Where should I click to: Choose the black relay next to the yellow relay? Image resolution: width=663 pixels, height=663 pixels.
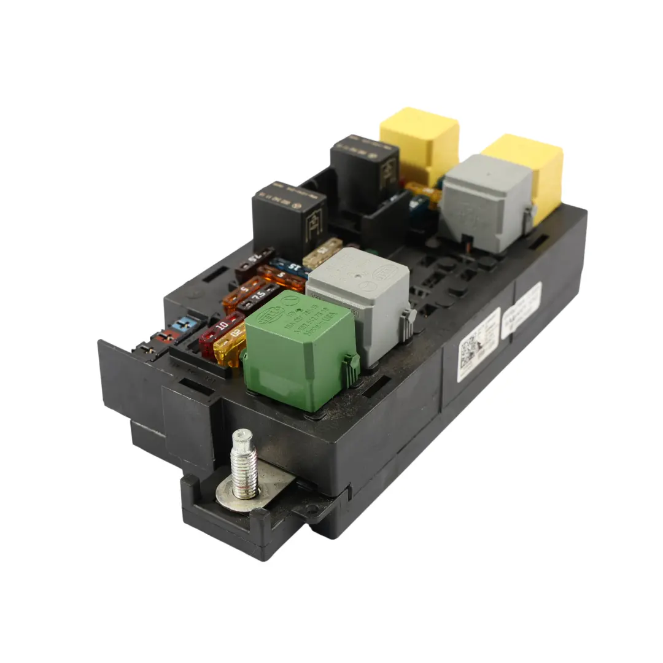(364, 169)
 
